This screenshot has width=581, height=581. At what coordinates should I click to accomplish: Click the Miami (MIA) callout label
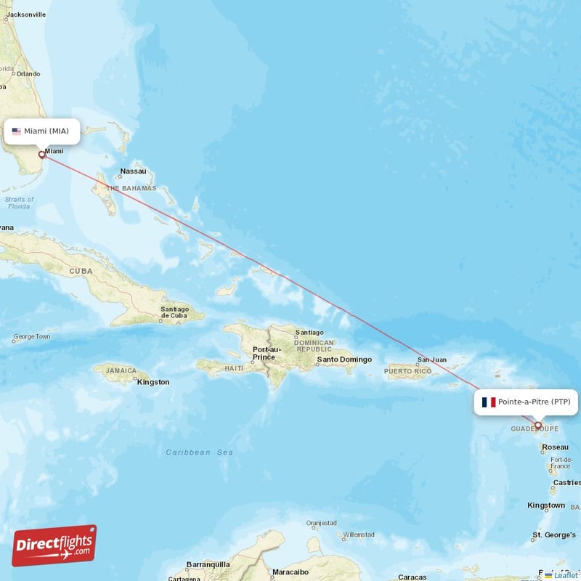[41, 131]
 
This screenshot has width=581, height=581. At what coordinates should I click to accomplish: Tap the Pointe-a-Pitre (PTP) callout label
[526, 402]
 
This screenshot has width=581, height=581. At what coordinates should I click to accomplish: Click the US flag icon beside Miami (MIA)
[16, 131]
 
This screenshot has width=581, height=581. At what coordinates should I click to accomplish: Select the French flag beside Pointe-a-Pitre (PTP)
[488, 402]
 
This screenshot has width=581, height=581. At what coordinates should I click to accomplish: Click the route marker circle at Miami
[41, 155]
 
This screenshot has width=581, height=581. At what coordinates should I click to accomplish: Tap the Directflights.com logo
[54, 545]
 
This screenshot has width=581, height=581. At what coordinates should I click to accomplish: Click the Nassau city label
[134, 171]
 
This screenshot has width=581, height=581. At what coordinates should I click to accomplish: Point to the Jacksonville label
[26, 15]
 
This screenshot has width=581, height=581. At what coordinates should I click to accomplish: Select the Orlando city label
[28, 73]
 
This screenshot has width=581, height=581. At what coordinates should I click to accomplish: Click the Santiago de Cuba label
[174, 312]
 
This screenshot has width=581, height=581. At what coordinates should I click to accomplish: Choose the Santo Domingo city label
[344, 359]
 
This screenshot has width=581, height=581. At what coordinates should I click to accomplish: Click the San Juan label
[432, 359]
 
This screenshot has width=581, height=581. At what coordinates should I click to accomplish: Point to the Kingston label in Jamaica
[153, 382]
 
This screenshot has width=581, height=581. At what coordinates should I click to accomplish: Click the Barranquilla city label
[208, 564]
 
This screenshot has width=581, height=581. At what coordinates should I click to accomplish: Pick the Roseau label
[556, 447]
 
